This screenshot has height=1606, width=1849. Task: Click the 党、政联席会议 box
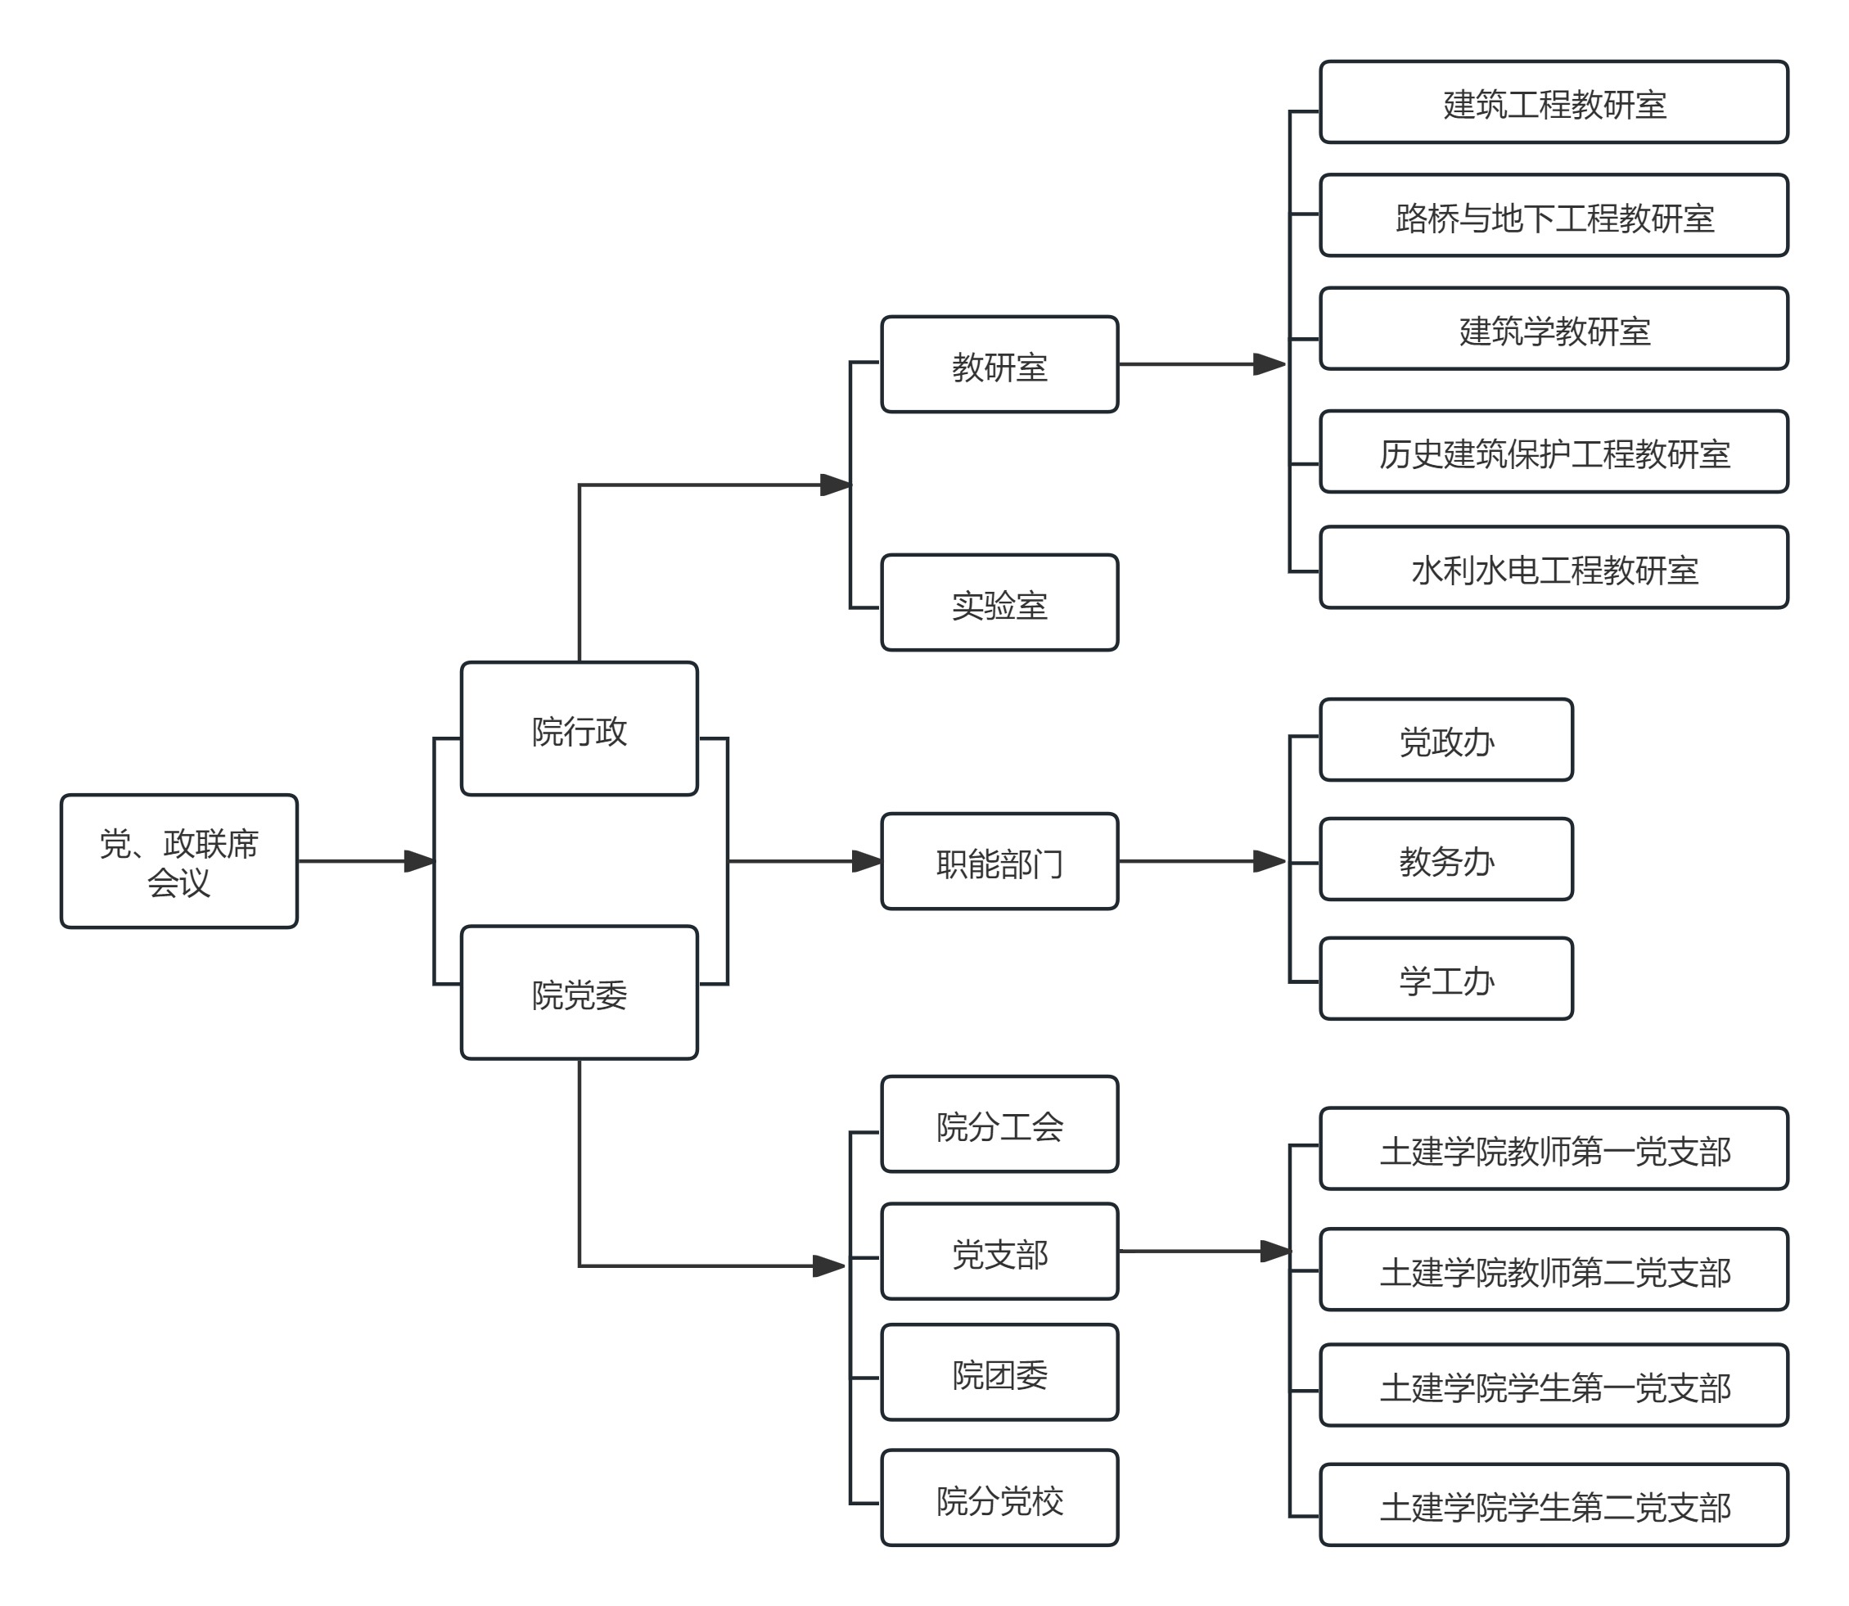(178, 860)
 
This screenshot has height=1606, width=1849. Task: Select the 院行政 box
(579, 729)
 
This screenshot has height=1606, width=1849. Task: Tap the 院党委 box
(579, 992)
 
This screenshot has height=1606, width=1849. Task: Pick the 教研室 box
(999, 365)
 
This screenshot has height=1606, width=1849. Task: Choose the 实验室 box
(999, 603)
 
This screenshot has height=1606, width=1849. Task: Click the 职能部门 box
(999, 861)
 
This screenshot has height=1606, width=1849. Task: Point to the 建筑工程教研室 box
(1554, 102)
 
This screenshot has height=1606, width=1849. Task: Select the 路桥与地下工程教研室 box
(1554, 216)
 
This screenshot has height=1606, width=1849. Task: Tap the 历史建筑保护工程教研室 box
(1554, 452)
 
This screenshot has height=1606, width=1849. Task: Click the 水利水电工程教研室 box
(1554, 567)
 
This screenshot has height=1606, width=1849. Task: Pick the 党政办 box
(1445, 740)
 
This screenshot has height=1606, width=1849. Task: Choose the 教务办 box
(1445, 859)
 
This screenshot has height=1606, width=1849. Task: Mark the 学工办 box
(1445, 979)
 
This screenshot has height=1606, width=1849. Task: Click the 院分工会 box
(999, 1124)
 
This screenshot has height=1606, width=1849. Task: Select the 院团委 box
(999, 1372)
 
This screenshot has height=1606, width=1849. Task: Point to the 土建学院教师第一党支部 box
(1554, 1149)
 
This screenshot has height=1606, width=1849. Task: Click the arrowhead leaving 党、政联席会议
(419, 861)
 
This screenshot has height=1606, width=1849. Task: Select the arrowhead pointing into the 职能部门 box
(867, 861)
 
